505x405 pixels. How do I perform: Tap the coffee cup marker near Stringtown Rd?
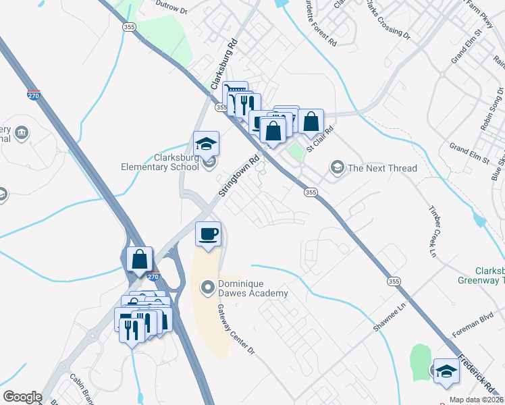click(207, 234)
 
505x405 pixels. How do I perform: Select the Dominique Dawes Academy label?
click(252, 288)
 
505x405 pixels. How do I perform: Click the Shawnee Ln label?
click(392, 315)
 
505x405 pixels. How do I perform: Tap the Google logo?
click(22, 397)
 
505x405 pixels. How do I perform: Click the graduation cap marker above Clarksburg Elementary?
click(207, 143)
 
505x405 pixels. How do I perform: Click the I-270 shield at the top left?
click(34, 95)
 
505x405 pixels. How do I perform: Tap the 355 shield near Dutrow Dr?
click(128, 26)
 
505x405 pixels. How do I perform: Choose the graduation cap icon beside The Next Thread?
click(337, 167)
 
